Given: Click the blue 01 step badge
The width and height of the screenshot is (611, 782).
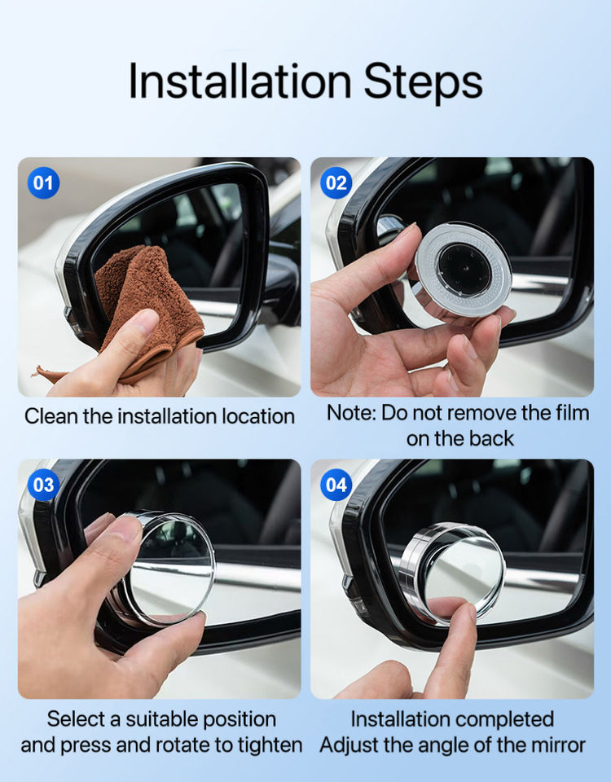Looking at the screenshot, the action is pyautogui.click(x=43, y=183).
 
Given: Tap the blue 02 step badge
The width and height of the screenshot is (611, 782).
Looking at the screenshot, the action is pyautogui.click(x=336, y=183).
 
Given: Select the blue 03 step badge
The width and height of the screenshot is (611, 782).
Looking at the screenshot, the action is pyautogui.click(x=43, y=485).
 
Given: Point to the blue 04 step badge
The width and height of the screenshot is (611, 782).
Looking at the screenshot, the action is pyautogui.click(x=336, y=485).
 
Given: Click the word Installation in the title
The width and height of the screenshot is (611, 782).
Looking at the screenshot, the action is pyautogui.click(x=240, y=81).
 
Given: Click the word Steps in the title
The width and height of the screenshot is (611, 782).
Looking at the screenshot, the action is pyautogui.click(x=423, y=82).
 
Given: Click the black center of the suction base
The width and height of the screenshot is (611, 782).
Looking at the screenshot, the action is pyautogui.click(x=464, y=270).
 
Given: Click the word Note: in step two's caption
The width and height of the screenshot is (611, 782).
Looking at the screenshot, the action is pyautogui.click(x=351, y=413).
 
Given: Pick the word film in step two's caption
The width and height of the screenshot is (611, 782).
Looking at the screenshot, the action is pyautogui.click(x=573, y=413).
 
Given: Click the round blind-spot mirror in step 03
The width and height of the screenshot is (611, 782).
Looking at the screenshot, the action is pyautogui.click(x=169, y=569).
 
